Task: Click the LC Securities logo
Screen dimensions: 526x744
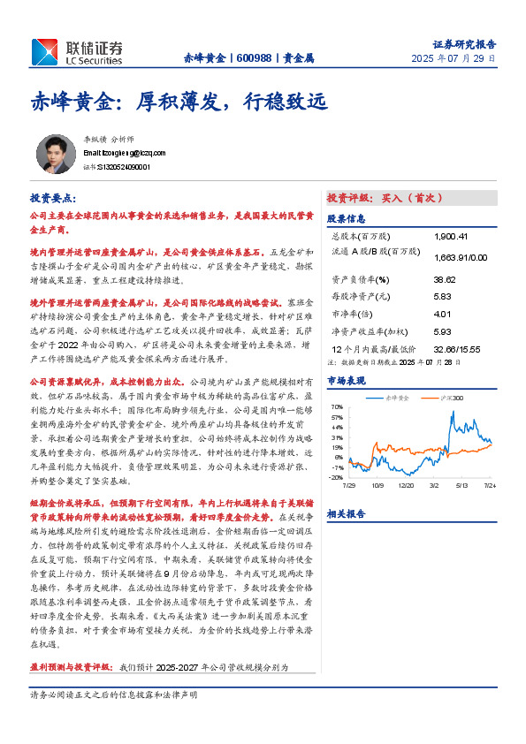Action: click(78, 52)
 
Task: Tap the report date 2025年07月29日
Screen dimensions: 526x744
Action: click(454, 58)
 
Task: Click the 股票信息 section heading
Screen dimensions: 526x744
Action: click(346, 218)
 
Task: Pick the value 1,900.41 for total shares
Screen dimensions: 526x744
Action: click(451, 237)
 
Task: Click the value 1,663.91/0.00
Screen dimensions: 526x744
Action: click(461, 257)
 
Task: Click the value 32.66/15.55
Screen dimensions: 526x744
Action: click(458, 349)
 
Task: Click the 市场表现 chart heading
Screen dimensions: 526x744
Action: click(346, 379)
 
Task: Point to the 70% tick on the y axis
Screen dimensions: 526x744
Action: click(337, 407)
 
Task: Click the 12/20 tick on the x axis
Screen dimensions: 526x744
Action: click(407, 485)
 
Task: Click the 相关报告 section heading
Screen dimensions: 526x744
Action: click(346, 513)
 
